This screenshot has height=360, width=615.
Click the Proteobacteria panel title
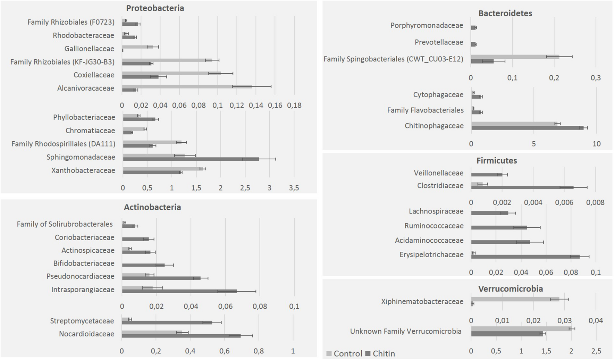155,8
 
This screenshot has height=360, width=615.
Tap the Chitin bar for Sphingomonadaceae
191,159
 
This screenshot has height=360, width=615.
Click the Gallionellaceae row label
89,49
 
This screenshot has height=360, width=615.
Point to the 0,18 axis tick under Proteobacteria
294,105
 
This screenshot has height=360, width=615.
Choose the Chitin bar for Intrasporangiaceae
179,291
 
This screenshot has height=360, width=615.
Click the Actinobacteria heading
152,207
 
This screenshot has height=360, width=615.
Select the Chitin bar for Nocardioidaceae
181,336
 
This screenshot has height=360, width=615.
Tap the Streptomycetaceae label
82,321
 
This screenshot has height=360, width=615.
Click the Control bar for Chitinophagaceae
514,124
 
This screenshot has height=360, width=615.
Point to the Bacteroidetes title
505,13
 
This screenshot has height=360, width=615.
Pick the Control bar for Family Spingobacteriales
515,57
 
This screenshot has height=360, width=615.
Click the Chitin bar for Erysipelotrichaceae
525,257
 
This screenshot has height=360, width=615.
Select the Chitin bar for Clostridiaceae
522,187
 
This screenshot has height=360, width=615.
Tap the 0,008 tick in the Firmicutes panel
595,202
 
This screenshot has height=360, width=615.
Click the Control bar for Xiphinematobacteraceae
515,299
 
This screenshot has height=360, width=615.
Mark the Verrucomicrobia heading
510,289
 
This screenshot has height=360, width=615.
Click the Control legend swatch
329,354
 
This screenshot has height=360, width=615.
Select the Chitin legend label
384,354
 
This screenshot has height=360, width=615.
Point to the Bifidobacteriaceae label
84,263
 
